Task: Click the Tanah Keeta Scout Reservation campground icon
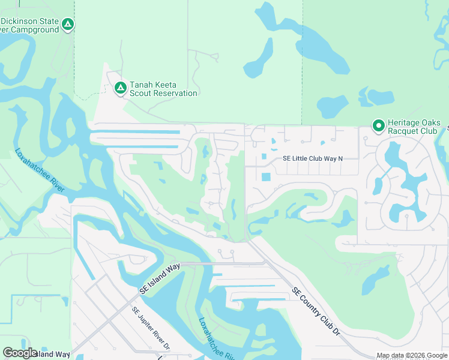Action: pyautogui.click(x=120, y=88)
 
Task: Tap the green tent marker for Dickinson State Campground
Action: pyautogui.click(x=68, y=25)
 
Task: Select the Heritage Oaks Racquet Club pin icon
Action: pyautogui.click(x=378, y=125)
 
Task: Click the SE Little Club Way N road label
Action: pyautogui.click(x=312, y=159)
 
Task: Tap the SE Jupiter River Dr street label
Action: pyautogui.click(x=151, y=329)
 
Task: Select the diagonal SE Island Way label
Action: pyautogui.click(x=160, y=279)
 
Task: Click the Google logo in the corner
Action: pyautogui.click(x=20, y=352)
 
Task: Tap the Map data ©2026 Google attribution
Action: pyautogui.click(x=412, y=356)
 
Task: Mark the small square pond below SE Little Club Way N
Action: pyautogui.click(x=266, y=177)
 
